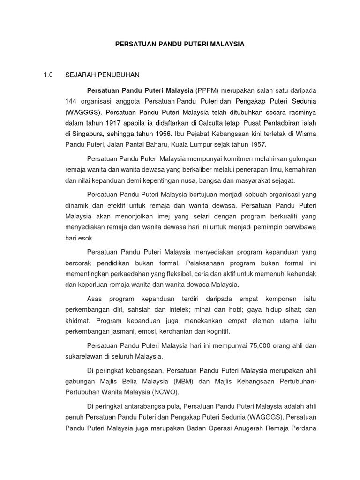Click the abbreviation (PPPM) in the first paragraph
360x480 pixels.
tap(206, 90)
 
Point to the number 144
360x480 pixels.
tap(71, 101)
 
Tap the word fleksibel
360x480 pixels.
tap(165, 273)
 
